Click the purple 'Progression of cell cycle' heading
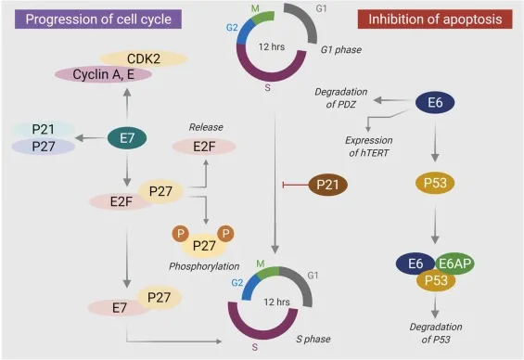point(89,18)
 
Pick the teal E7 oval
point(126,138)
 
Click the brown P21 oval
point(326,185)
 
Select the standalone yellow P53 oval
point(433,182)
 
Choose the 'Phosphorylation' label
point(204,266)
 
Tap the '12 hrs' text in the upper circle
point(273,45)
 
